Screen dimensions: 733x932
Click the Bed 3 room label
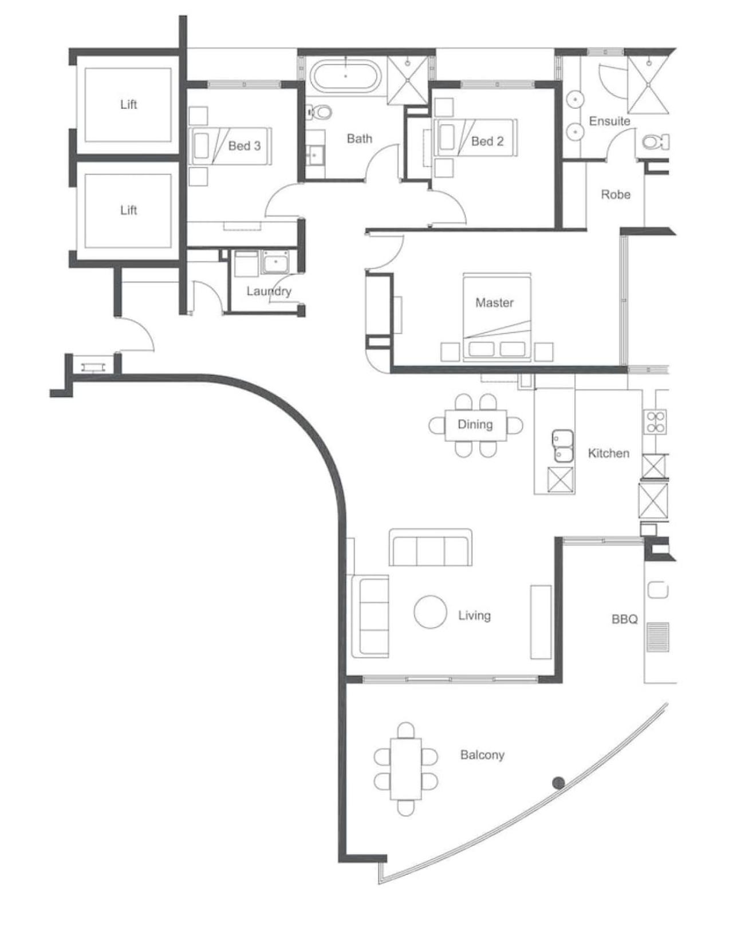coord(245,146)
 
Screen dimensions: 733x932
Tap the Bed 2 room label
coord(487,141)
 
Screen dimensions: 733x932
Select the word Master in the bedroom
coord(494,302)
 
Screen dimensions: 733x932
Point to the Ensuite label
coord(609,121)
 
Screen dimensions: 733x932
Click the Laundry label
coord(269,291)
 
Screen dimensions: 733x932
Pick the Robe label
coord(615,195)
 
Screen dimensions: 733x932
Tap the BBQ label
coord(624,619)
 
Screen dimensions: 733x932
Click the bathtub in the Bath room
coord(346,77)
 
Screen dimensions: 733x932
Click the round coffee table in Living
coord(429,612)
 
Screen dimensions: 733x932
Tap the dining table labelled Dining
coord(476,425)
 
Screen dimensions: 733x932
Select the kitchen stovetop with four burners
coord(655,421)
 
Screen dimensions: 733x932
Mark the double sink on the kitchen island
coord(562,447)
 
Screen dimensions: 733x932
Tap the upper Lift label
coord(129,104)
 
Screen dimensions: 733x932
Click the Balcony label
coord(482,755)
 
